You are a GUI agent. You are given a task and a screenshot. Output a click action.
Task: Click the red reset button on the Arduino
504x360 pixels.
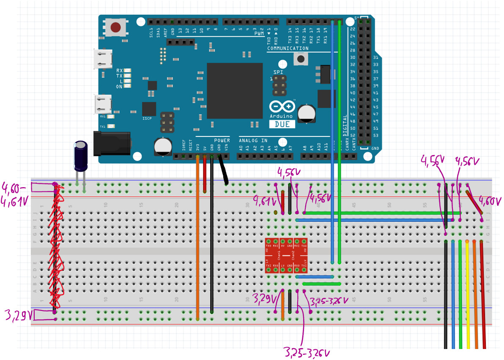(115, 28)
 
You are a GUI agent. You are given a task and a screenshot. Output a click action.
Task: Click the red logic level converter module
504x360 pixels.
(286, 257)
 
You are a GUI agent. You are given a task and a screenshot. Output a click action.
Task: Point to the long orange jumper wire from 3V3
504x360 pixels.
(197, 237)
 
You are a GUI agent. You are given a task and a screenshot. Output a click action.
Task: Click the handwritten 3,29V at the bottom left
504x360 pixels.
(16, 315)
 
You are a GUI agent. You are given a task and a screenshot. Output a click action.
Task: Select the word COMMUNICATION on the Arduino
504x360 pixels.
(288, 49)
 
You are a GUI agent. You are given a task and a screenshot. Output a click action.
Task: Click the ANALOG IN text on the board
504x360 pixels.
(253, 140)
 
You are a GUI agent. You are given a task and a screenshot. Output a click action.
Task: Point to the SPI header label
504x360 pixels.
(278, 72)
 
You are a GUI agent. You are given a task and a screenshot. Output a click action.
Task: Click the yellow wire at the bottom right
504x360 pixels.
(468, 296)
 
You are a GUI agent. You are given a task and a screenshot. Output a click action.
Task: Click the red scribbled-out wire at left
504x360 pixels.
(55, 249)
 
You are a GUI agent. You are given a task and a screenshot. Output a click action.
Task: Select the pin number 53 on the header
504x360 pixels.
(376, 136)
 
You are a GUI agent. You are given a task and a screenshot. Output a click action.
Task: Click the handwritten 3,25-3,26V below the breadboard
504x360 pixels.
(307, 352)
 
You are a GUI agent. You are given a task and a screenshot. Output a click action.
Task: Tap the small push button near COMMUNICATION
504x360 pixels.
(301, 60)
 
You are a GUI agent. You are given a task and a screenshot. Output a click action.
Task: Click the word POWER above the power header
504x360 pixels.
(222, 140)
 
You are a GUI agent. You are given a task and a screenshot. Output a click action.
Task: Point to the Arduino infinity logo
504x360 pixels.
(282, 106)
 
